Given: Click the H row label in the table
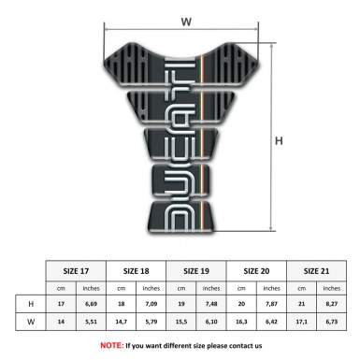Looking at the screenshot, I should point(33,304).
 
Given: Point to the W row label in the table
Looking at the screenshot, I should point(33,323).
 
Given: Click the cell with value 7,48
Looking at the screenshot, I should point(212,304).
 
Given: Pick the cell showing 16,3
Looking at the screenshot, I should point(242,323).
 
